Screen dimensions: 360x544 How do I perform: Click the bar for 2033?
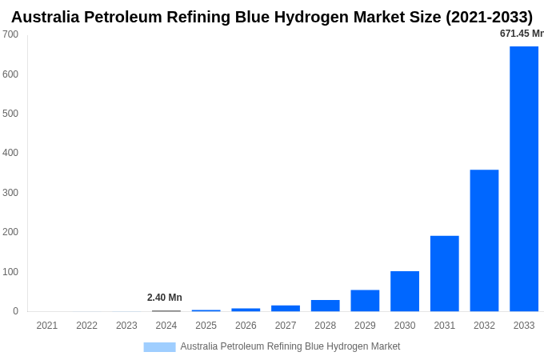tap(524, 178)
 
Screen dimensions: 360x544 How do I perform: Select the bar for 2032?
tap(484, 240)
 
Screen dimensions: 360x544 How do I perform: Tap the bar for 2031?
tap(445, 274)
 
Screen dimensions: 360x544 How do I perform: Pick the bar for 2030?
tap(405, 291)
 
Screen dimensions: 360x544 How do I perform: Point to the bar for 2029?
tap(365, 301)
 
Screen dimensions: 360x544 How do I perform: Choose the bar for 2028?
tap(326, 306)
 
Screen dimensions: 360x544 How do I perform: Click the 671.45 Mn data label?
tap(521, 34)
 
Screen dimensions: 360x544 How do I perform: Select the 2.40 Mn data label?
tap(165, 298)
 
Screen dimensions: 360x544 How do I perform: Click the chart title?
tap(272, 17)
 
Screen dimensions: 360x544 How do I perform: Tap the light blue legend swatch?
tap(159, 346)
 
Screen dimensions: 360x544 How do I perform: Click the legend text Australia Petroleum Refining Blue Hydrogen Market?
tap(290, 346)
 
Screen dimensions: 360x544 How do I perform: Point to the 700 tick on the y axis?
tap(10, 34)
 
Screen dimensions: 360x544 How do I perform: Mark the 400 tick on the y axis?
tap(10, 153)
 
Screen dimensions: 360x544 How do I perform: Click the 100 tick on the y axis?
tap(10, 272)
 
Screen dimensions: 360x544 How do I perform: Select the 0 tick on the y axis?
tap(15, 311)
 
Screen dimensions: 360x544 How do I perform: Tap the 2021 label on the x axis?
tap(47, 326)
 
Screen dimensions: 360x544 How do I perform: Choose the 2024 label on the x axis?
tap(166, 326)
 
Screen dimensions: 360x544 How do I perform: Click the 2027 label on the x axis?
tap(286, 326)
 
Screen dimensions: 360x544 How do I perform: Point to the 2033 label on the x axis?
tap(524, 326)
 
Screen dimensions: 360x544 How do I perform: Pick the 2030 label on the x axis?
tap(405, 326)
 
